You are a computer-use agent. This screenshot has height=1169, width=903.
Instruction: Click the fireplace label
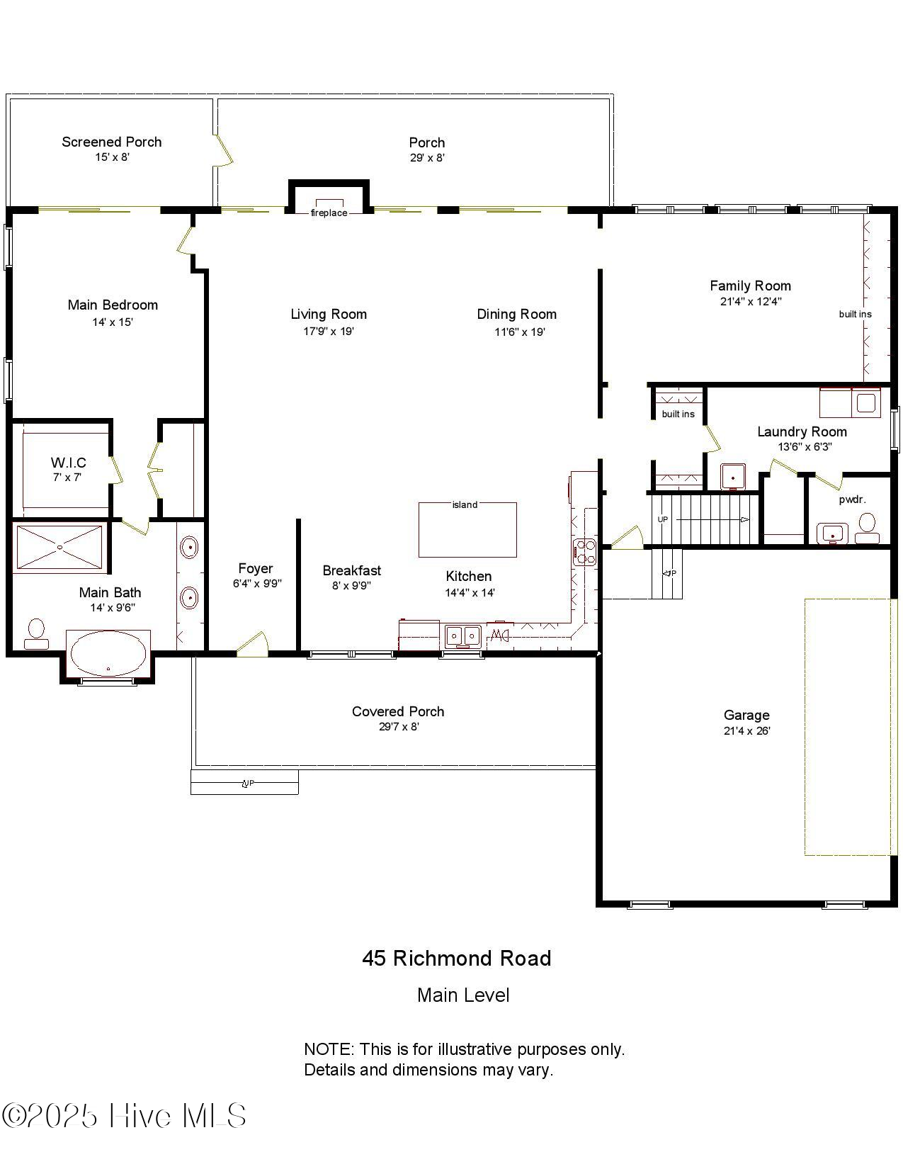(x=329, y=213)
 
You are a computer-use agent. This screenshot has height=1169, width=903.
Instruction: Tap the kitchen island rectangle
(x=467, y=531)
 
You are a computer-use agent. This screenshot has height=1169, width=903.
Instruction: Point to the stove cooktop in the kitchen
(x=585, y=551)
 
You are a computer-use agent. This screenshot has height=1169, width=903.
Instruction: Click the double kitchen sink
(x=462, y=636)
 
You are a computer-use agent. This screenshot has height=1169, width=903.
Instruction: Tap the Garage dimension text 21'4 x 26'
(x=746, y=731)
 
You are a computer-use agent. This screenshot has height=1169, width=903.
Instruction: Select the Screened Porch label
(x=112, y=142)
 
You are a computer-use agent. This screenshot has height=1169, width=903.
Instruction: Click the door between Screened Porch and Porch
(x=223, y=150)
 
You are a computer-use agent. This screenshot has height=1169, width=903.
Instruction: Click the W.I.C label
(x=68, y=463)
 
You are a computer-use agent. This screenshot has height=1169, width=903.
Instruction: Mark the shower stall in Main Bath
(x=60, y=547)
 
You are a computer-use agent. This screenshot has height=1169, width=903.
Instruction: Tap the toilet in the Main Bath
(x=36, y=633)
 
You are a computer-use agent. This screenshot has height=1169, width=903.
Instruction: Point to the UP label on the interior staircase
(x=663, y=519)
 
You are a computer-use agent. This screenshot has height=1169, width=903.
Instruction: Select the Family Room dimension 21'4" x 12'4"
(x=750, y=301)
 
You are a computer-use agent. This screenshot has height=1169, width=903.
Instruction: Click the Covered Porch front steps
(x=244, y=782)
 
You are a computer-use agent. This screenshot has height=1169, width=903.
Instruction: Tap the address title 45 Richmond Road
(x=456, y=959)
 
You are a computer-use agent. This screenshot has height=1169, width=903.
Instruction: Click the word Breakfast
(x=351, y=570)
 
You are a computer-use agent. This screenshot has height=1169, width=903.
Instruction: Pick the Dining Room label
(x=516, y=314)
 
